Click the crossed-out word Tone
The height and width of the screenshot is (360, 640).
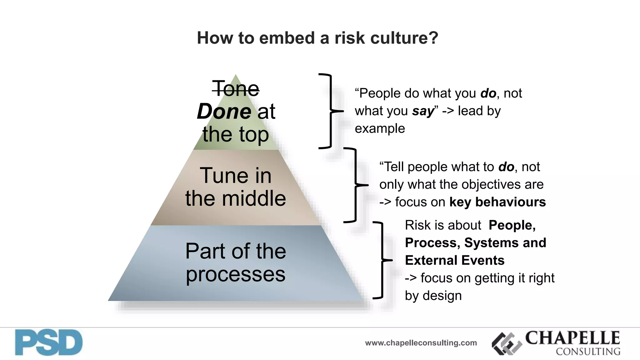pos(236,89)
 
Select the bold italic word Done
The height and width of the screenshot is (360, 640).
pos(224,112)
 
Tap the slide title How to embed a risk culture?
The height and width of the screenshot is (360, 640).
pos(317,38)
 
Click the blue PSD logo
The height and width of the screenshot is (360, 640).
pos(49,342)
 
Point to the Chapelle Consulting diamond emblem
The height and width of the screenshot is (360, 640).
pos(507,344)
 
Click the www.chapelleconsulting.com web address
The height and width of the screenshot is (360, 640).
pos(421,343)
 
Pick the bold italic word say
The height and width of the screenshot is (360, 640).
pos(423,111)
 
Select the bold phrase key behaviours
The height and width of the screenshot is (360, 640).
pos(497,202)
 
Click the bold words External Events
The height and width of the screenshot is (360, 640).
pos(455,260)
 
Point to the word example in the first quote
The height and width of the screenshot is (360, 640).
pos(380,128)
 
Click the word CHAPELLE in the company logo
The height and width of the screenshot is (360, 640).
pos(572,338)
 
